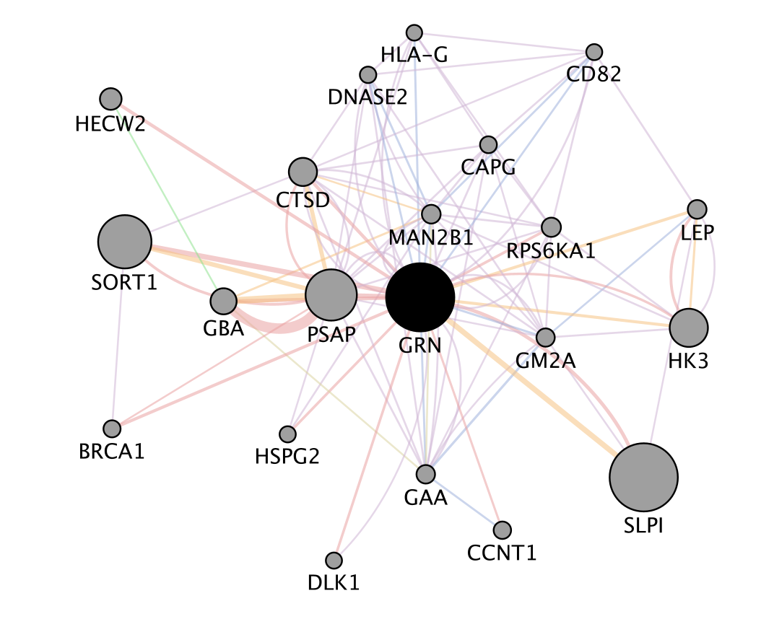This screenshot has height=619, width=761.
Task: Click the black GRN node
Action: (x=420, y=297)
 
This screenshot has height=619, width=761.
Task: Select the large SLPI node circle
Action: (x=643, y=477)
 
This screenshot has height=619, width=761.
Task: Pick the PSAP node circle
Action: (x=331, y=295)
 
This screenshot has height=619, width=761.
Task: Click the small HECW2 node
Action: (x=110, y=99)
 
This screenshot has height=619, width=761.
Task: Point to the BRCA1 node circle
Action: (x=111, y=429)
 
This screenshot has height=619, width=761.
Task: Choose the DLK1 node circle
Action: (x=334, y=561)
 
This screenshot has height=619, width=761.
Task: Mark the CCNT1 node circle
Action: (x=503, y=530)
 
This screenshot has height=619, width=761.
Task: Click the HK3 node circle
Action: (x=689, y=328)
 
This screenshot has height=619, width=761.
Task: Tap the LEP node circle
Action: (x=697, y=209)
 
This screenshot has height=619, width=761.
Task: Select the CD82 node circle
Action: (x=594, y=52)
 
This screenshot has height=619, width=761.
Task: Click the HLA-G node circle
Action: (x=414, y=32)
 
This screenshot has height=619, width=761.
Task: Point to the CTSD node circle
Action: (x=303, y=172)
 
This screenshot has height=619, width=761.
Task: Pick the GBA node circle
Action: (x=224, y=301)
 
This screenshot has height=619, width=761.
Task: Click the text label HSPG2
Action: (x=287, y=456)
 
